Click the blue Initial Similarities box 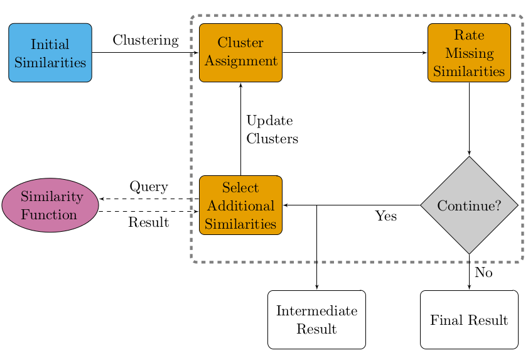coord(50,53)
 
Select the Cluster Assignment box coord(240,53)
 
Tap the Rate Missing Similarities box coord(469,53)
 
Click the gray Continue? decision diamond coord(469,205)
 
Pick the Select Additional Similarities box coord(240,205)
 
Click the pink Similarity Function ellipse coord(50,205)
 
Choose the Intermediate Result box coord(316,320)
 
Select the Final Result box coord(469,320)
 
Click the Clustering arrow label coord(146,40)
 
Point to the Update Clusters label coord(272,130)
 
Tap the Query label coord(149,187)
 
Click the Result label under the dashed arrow coord(149,222)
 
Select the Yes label coord(386,216)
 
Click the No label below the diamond coord(483,273)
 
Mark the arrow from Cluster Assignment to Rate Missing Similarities coord(355,53)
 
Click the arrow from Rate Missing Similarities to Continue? coord(469,119)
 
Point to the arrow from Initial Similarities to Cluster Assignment coord(146,53)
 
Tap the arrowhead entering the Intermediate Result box coord(316,288)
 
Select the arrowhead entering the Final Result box coord(469,288)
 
